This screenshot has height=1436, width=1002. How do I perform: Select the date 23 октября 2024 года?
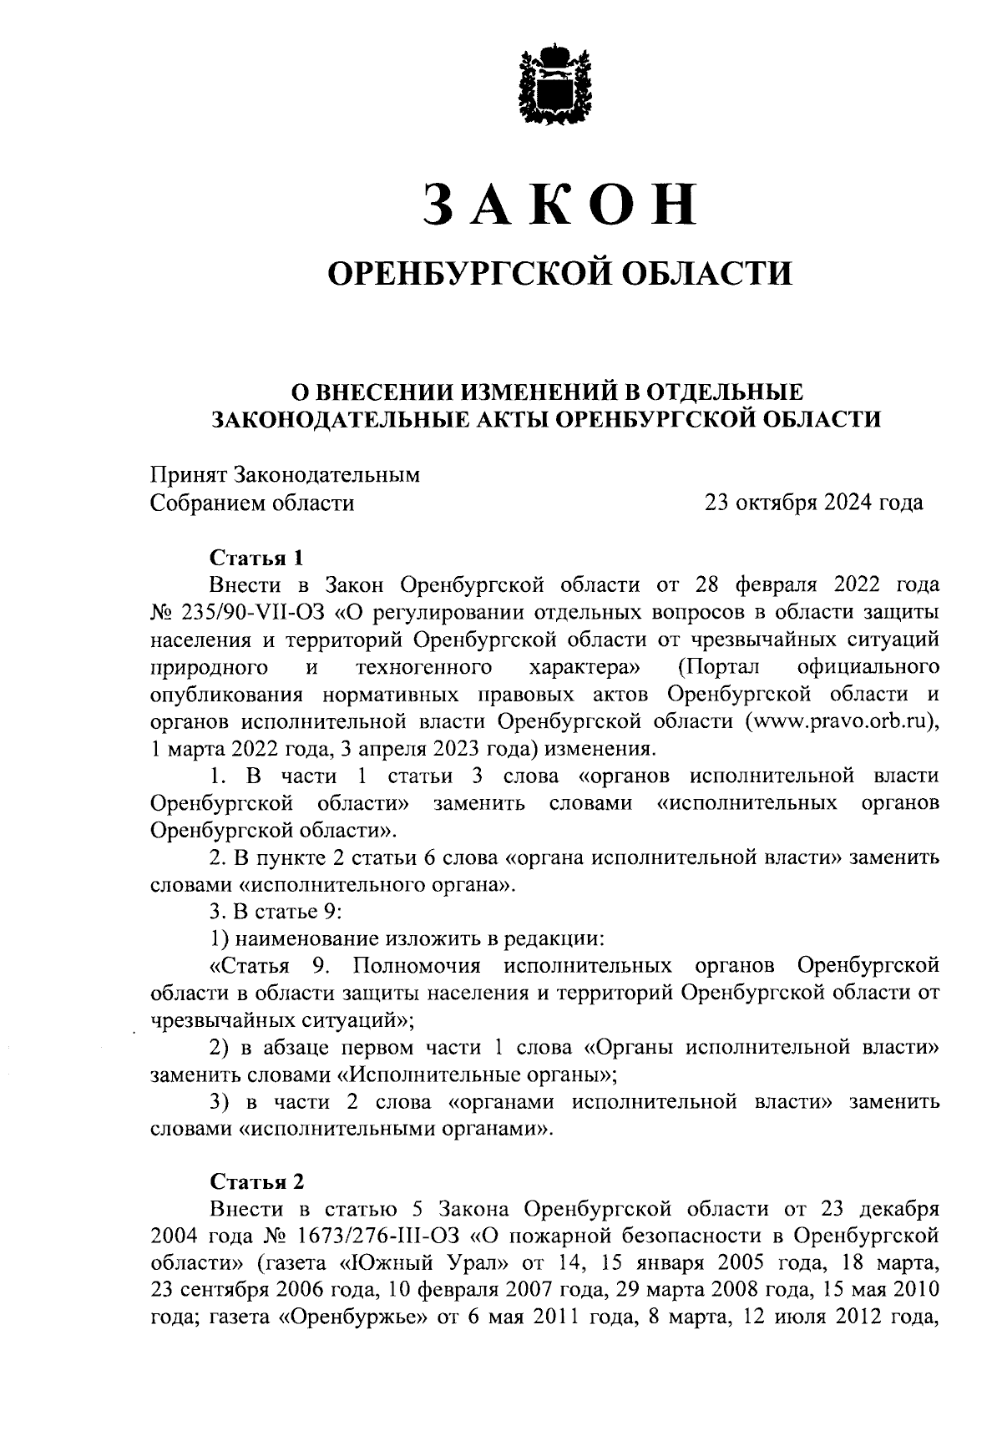814,503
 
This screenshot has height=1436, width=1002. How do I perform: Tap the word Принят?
188,475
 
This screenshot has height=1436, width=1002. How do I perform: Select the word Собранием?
208,503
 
